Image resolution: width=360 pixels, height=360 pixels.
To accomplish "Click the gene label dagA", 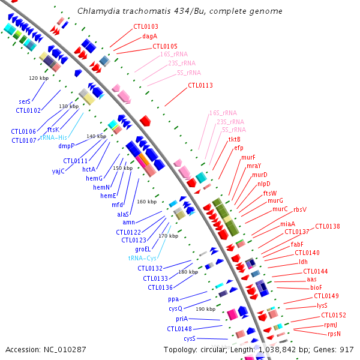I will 150,37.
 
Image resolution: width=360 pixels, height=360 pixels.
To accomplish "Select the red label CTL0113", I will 200,85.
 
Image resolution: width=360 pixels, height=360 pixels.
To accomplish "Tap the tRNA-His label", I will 54,137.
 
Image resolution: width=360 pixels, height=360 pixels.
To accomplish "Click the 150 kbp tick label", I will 122,169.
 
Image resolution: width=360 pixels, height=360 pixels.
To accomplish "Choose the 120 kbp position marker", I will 38,78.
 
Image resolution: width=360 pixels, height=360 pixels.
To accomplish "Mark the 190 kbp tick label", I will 205,309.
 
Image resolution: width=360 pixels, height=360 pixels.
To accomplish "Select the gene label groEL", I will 143,249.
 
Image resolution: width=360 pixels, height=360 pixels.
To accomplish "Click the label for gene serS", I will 25,101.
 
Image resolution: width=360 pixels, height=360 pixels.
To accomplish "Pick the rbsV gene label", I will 300,209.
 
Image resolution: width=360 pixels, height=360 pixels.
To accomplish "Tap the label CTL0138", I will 328,226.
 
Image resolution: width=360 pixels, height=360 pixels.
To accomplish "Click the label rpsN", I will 334,333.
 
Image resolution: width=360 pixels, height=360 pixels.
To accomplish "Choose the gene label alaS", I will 123,214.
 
